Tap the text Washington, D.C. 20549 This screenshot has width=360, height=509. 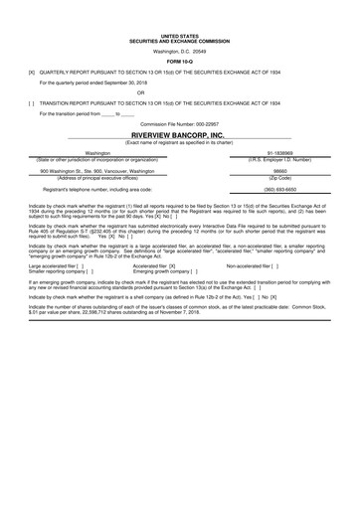tap(179, 51)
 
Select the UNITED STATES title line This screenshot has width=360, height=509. tap(179, 34)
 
